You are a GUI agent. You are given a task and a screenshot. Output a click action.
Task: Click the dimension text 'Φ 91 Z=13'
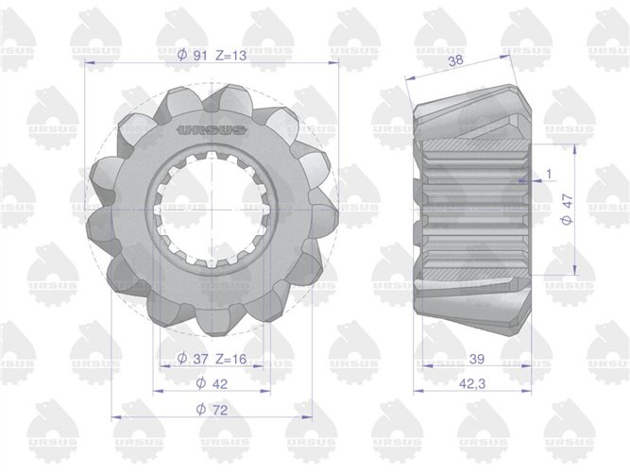[212, 55]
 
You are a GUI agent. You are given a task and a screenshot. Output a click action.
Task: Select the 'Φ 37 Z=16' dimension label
[212, 359]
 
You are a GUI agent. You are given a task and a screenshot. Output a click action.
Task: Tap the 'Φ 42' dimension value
[212, 383]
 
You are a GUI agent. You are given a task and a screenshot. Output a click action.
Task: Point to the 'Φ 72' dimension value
[212, 410]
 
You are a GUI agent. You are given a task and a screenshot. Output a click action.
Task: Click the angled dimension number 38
[456, 60]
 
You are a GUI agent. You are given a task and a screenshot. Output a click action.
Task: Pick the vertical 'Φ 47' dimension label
[567, 210]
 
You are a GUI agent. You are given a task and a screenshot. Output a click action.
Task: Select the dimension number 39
[477, 359]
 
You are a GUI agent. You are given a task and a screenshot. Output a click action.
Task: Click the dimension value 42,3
[472, 383]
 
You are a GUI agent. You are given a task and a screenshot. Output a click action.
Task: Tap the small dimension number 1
[549, 174]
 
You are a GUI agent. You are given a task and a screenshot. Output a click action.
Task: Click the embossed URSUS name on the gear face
[212, 130]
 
